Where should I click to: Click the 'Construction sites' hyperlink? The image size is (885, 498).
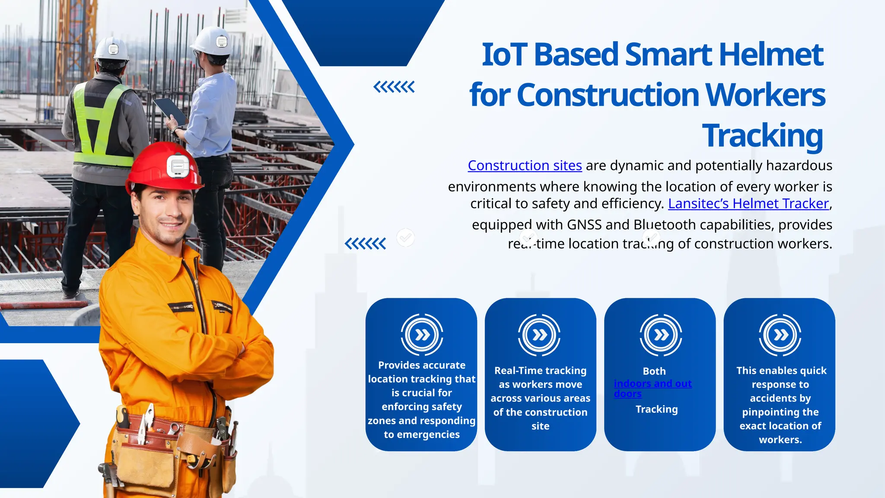pyautogui.click(x=525, y=166)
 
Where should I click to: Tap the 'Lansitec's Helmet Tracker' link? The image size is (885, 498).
pyautogui.click(x=748, y=204)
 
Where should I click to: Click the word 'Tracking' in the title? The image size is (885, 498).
pyautogui.click(x=762, y=136)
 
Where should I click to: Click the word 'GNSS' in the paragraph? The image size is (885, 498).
pyautogui.click(x=584, y=225)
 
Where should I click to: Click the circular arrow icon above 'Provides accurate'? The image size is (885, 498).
pyautogui.click(x=422, y=335)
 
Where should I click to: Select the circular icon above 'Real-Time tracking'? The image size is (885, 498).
pyautogui.click(x=539, y=335)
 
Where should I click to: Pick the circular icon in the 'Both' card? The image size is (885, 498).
pyautogui.click(x=661, y=335)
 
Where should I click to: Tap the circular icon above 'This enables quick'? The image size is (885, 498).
pyautogui.click(x=780, y=335)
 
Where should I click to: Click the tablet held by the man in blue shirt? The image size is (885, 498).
pyautogui.click(x=170, y=111)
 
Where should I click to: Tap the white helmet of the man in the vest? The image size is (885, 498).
pyautogui.click(x=111, y=48)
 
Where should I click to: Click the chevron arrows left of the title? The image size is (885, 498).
pyautogui.click(x=394, y=87)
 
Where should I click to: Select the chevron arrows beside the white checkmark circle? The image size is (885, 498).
pyautogui.click(x=365, y=244)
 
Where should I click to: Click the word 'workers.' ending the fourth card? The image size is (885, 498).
pyautogui.click(x=780, y=440)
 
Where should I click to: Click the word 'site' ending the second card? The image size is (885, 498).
pyautogui.click(x=540, y=426)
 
